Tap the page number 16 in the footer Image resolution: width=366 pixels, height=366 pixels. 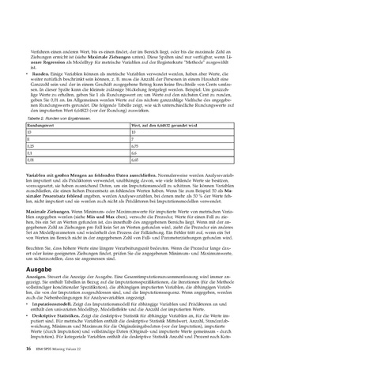pos(28,349)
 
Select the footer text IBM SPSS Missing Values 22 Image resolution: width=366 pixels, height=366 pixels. pos(61,349)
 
